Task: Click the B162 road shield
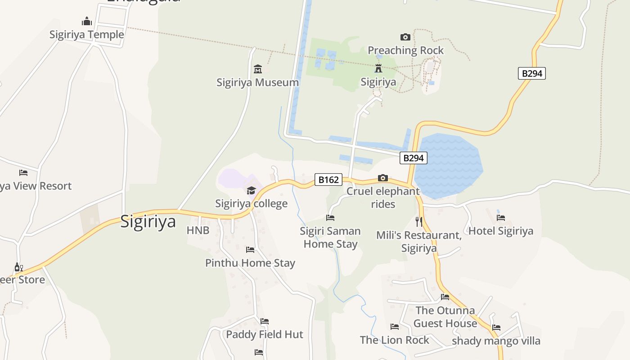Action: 328,180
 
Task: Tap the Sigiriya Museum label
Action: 257,82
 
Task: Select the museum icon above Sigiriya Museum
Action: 258,69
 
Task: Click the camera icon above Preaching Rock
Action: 405,37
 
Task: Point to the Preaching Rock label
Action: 405,50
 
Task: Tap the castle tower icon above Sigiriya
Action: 378,69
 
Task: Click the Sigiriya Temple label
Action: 86,35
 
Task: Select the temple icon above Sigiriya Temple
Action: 87,21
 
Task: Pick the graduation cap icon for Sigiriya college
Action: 251,190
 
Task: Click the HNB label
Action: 198,230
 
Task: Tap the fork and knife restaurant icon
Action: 419,221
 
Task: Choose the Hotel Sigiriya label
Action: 500,231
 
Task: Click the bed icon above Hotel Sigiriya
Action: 501,218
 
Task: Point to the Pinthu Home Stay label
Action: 250,263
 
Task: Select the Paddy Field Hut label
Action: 265,334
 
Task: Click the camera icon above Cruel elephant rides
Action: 383,178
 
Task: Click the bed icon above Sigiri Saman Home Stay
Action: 330,218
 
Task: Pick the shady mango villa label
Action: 496,341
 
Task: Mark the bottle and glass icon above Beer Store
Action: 18,267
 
